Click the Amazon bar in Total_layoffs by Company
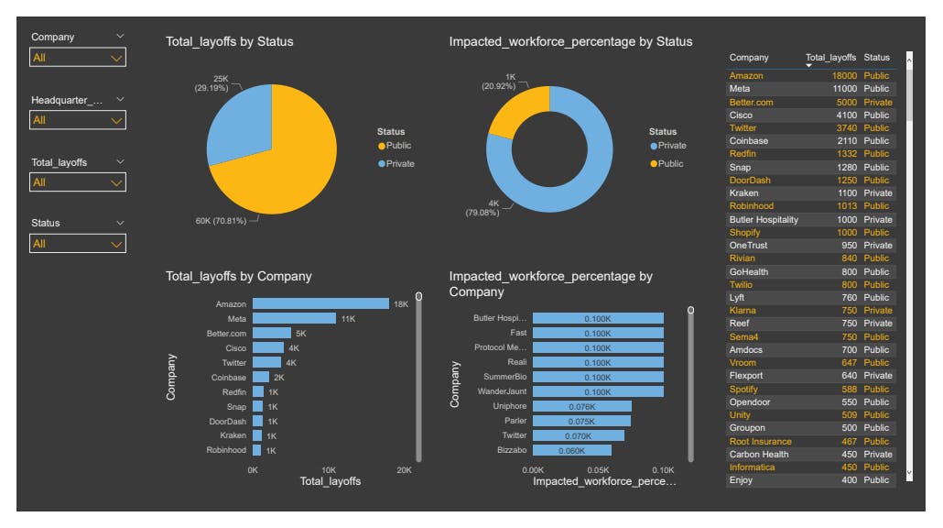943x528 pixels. tap(320, 303)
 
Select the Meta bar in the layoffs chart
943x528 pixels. tap(294, 318)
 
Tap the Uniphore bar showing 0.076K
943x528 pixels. tap(581, 406)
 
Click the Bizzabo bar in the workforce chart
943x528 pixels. tap(571, 450)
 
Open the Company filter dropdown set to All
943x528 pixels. tap(78, 58)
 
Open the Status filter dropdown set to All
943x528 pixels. tap(78, 244)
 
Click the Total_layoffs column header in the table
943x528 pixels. tap(830, 58)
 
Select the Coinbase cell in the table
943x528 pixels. tap(749, 141)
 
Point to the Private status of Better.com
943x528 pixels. tap(877, 103)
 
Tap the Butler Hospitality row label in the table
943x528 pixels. tap(764, 220)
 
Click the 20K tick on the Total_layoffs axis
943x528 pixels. tap(404, 469)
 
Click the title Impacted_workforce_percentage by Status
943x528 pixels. tap(570, 41)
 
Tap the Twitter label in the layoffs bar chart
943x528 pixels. tap(233, 363)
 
